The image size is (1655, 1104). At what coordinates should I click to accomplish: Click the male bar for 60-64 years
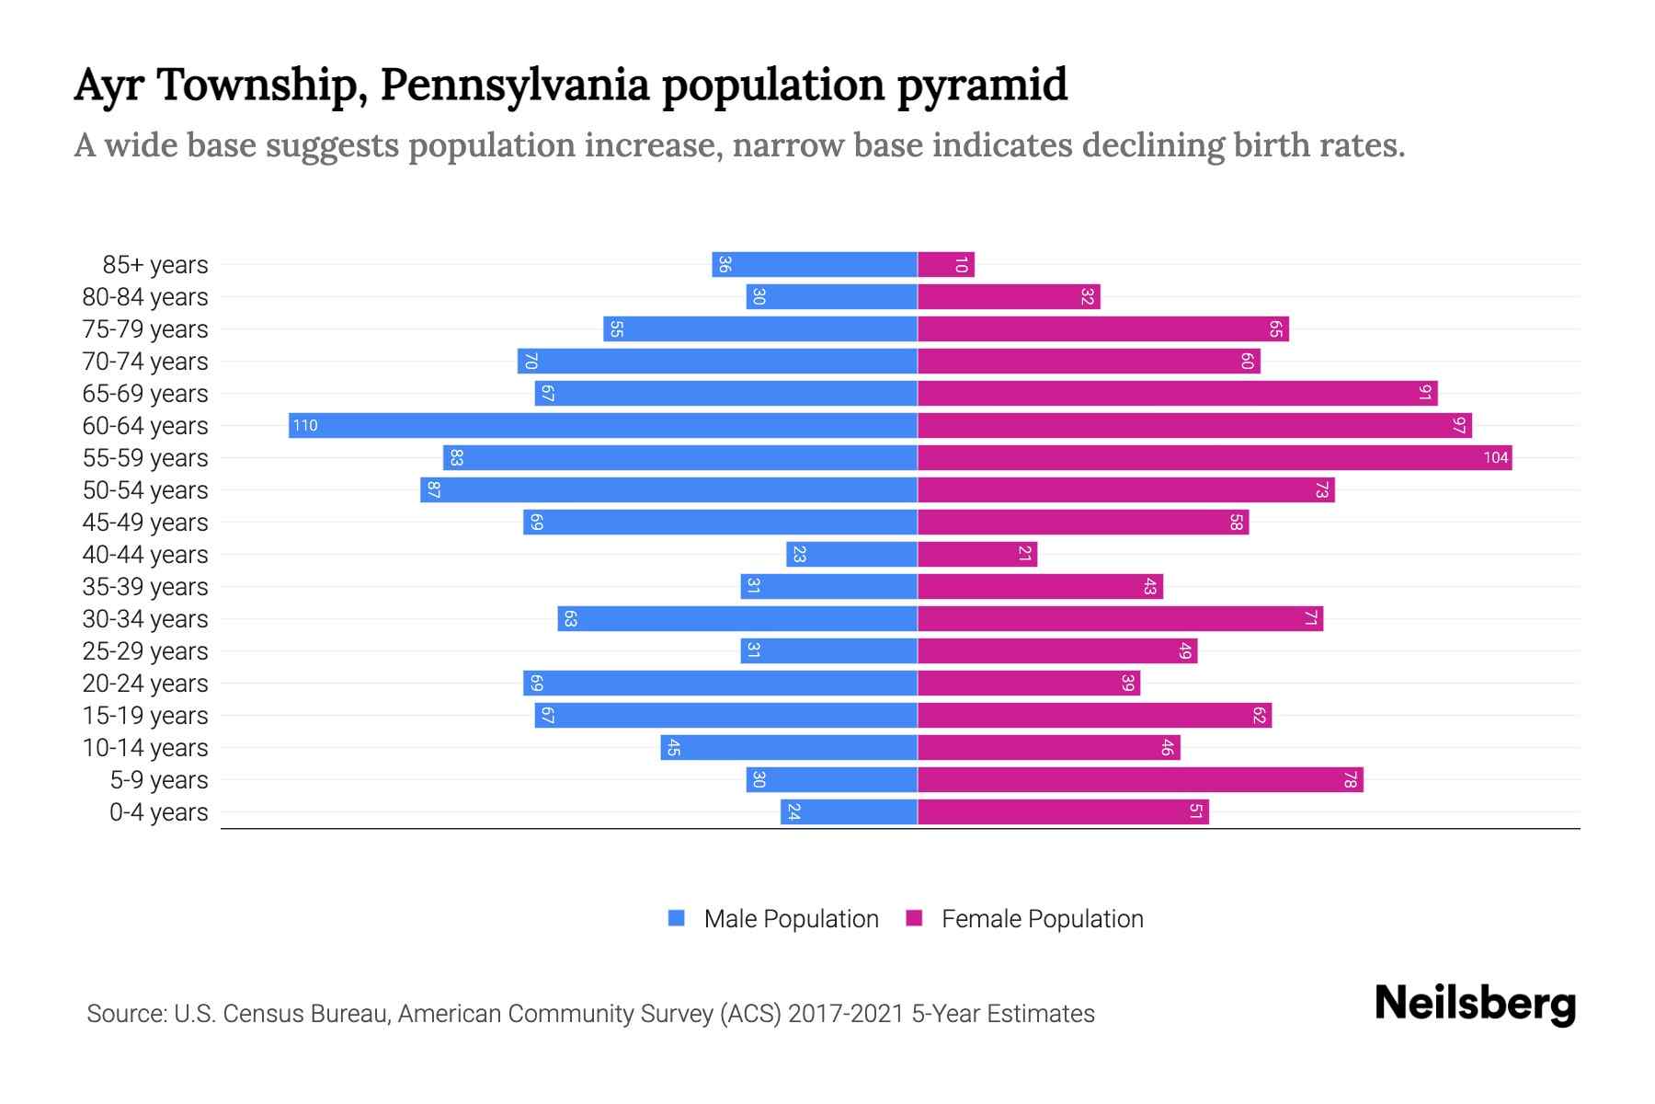[x=603, y=425]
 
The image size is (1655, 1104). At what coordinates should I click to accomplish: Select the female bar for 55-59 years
[x=1214, y=457]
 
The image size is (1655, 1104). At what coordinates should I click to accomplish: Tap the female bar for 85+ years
[x=945, y=265]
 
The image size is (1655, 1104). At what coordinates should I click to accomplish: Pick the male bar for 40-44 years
[x=852, y=554]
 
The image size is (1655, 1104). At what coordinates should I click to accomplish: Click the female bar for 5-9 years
[x=1140, y=779]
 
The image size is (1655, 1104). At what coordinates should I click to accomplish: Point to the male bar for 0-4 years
[x=850, y=811]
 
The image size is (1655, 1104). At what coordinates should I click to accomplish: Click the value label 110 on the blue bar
[x=305, y=425]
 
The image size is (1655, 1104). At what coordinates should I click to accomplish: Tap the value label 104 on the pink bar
[x=1495, y=457]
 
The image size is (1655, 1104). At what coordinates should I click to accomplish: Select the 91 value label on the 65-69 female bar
[x=1424, y=393]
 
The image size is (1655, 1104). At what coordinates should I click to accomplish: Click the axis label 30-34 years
[x=145, y=618]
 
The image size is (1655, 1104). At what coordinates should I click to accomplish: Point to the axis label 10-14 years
[x=145, y=747]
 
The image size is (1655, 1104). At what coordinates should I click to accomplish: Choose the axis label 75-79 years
[x=145, y=328]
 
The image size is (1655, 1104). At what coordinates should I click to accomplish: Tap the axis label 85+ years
[x=155, y=264]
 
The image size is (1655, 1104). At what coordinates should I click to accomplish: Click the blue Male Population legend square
[x=677, y=918]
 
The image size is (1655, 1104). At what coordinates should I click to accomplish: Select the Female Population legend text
[x=1042, y=918]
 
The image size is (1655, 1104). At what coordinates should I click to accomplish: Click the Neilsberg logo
[x=1475, y=1004]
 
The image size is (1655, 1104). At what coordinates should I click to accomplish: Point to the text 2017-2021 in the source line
[x=846, y=1014]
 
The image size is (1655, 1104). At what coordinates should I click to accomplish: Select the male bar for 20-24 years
[x=720, y=683]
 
